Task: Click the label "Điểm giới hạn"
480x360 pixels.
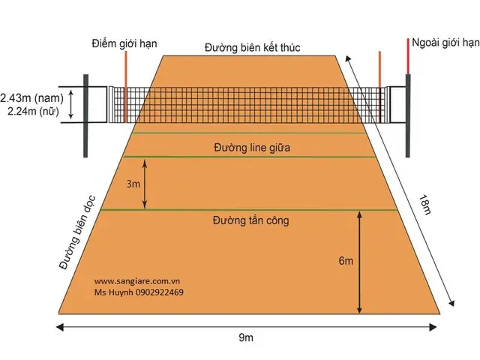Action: click(x=124, y=43)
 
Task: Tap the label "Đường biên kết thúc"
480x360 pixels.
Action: click(x=252, y=47)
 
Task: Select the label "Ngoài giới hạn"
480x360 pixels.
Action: click(x=445, y=43)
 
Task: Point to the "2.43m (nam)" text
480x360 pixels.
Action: click(x=31, y=98)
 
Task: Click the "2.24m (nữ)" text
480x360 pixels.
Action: click(x=33, y=111)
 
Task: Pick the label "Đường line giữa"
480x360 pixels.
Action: click(x=252, y=148)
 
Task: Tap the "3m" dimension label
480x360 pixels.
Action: click(x=133, y=184)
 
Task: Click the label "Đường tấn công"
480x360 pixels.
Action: click(x=250, y=220)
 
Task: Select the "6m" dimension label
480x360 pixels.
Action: click(x=346, y=261)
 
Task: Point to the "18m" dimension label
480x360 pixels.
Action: click(x=425, y=205)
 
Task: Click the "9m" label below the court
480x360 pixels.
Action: click(x=246, y=337)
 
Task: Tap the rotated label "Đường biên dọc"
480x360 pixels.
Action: click(x=77, y=232)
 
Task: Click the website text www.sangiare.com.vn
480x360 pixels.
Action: click(x=136, y=281)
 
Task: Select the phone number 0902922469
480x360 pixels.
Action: click(x=159, y=292)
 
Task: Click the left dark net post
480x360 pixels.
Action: click(x=85, y=115)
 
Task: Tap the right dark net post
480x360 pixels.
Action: click(x=408, y=115)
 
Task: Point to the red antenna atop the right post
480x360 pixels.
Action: click(x=408, y=56)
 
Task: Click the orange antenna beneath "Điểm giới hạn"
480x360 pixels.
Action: click(x=126, y=87)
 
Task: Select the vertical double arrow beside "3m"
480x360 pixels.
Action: click(x=145, y=184)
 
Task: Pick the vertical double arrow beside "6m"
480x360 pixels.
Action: click(x=360, y=262)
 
